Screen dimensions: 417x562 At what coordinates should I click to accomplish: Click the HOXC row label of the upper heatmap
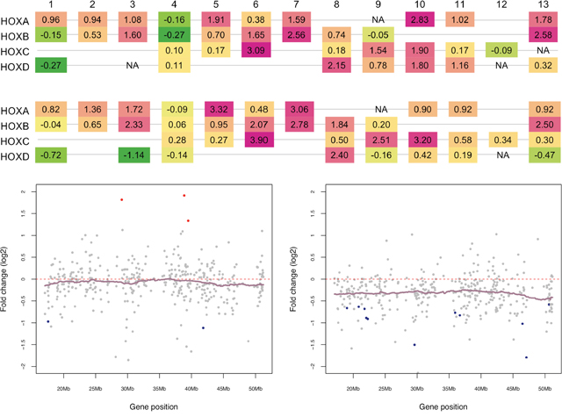click(x=17, y=50)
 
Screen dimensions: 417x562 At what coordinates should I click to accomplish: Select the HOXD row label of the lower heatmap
click(x=17, y=155)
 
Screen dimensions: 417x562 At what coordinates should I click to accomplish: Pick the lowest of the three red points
click(x=188, y=221)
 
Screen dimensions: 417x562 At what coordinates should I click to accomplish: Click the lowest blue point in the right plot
click(x=526, y=357)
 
